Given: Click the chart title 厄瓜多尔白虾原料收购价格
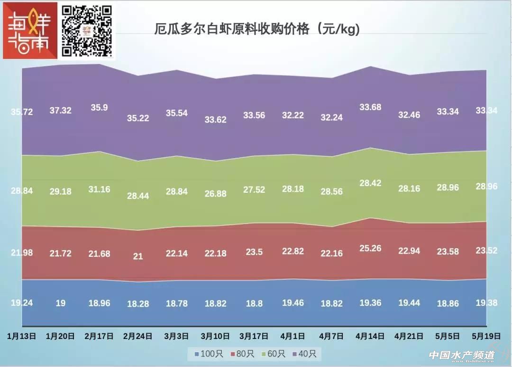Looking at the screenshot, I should [257, 29].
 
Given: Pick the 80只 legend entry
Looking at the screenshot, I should [242, 354].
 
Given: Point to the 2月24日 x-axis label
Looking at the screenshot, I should [138, 336].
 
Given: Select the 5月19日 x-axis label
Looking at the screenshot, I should [487, 336].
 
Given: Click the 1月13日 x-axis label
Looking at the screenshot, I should [22, 336].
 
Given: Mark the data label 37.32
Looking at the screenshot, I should [61, 110].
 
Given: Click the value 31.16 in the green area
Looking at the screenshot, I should [99, 189].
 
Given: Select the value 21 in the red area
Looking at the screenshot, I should [138, 256].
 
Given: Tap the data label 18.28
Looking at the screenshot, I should [138, 304].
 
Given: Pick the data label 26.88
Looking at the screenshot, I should [216, 194].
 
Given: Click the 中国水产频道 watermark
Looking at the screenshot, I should [462, 355].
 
